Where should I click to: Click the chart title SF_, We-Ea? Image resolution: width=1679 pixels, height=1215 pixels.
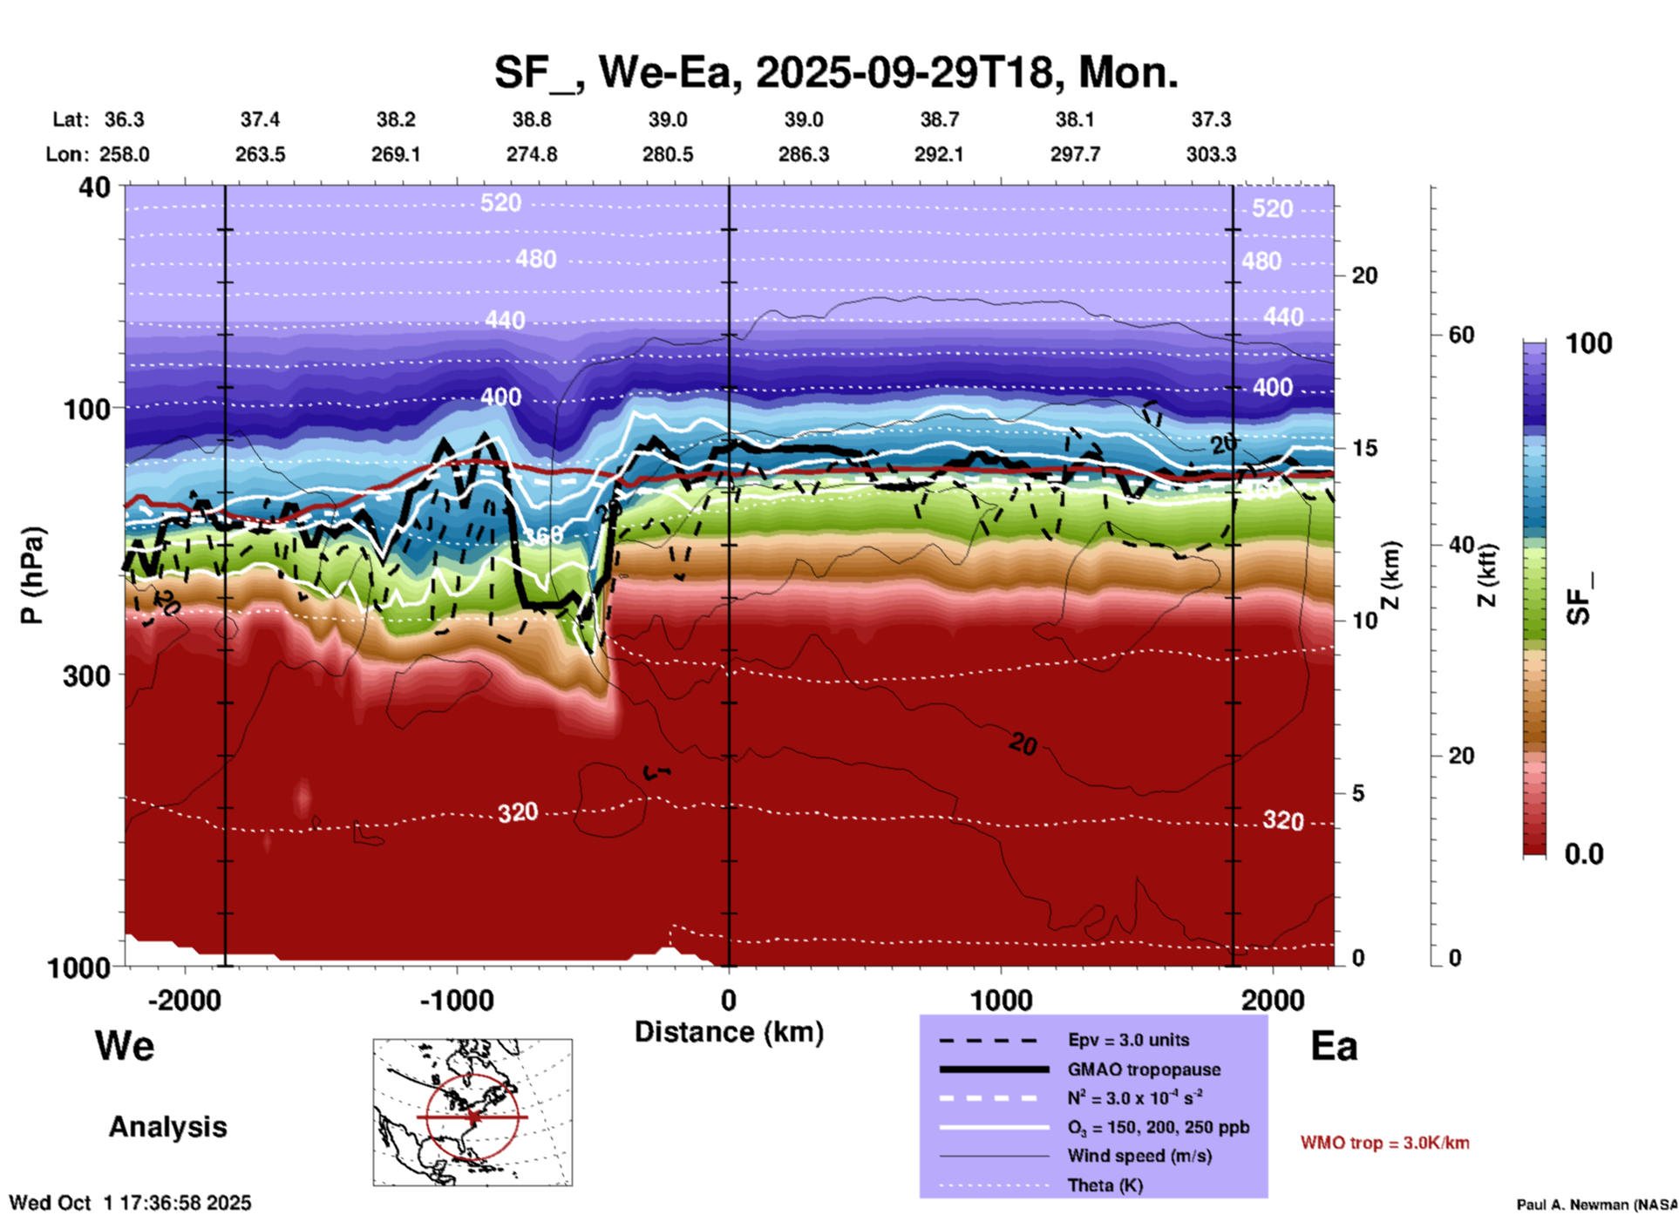[x=835, y=72]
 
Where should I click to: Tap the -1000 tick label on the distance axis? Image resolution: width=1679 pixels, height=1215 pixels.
[x=456, y=1000]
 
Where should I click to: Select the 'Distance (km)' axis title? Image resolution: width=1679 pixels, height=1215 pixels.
[x=729, y=1032]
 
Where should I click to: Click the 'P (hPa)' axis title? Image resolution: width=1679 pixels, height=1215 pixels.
[x=32, y=575]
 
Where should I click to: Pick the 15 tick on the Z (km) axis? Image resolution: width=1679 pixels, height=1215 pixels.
[x=1363, y=448]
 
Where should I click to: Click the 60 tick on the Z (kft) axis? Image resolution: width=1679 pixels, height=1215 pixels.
[x=1461, y=336]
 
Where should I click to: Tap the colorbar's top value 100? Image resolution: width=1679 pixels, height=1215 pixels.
[x=1588, y=343]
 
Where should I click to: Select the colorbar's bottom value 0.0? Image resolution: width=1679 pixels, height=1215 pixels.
[x=1584, y=854]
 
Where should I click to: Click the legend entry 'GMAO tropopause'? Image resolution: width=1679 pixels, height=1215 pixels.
[x=1144, y=1069]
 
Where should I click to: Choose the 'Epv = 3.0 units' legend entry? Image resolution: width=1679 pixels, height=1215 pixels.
[x=1128, y=1040]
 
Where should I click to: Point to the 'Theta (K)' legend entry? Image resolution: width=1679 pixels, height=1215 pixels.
[x=1105, y=1185]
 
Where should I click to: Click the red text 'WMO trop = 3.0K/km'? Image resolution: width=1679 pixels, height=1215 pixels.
[x=1384, y=1143]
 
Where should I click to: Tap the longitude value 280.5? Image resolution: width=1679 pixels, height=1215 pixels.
[x=668, y=154]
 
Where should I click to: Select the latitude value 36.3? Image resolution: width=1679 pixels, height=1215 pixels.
[x=124, y=119]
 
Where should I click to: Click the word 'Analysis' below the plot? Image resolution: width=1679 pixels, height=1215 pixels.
[x=167, y=1127]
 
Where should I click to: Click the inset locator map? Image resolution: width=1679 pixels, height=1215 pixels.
[x=472, y=1111]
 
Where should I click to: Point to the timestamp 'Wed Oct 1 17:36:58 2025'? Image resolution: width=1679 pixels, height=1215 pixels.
[x=130, y=1203]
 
